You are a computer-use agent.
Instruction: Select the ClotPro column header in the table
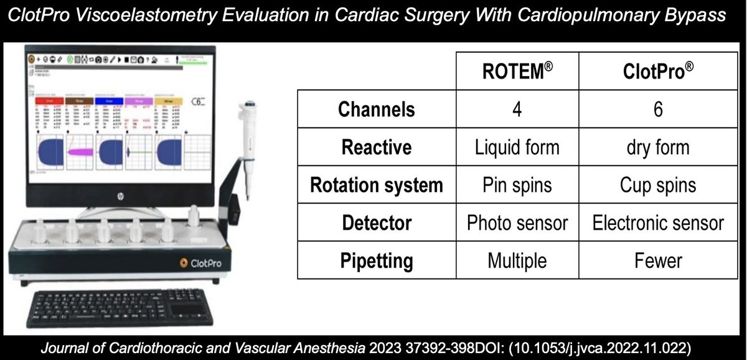(x=659, y=72)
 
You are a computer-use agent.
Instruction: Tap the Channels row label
(x=376, y=110)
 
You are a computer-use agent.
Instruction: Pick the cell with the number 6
(x=659, y=110)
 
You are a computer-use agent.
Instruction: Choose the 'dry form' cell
(x=659, y=147)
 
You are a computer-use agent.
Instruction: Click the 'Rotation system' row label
(x=376, y=185)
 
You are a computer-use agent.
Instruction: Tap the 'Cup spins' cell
(x=659, y=185)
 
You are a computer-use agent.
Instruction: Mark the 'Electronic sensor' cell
(x=659, y=222)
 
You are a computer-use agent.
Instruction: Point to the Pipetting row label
(x=376, y=260)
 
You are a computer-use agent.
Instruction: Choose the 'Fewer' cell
(x=659, y=260)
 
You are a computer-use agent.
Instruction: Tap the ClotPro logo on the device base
(x=197, y=263)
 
